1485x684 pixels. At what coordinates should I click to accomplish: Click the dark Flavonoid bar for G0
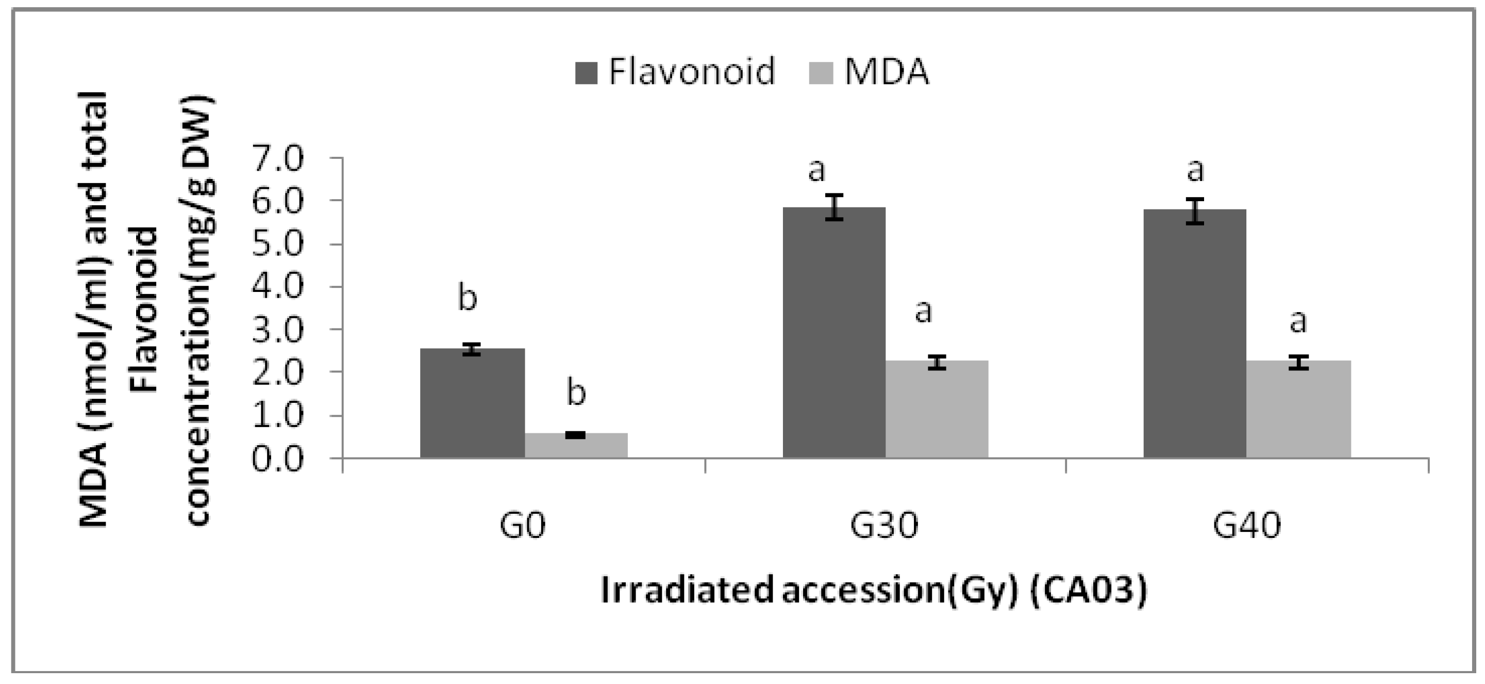(x=472, y=403)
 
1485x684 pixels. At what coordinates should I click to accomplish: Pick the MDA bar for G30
(x=937, y=410)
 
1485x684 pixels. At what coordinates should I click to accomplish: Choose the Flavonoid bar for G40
(x=1195, y=334)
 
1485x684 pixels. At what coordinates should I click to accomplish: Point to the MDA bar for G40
(x=1298, y=410)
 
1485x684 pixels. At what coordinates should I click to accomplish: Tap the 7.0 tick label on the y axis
(x=277, y=158)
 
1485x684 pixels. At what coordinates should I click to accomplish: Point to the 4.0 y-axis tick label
(x=277, y=287)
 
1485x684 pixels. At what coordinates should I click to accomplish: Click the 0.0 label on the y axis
(x=277, y=460)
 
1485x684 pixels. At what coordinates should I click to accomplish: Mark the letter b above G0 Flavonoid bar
(x=468, y=298)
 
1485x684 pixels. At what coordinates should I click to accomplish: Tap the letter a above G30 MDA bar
(x=924, y=312)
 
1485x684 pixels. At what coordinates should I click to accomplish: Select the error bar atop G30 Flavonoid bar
(x=833, y=207)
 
